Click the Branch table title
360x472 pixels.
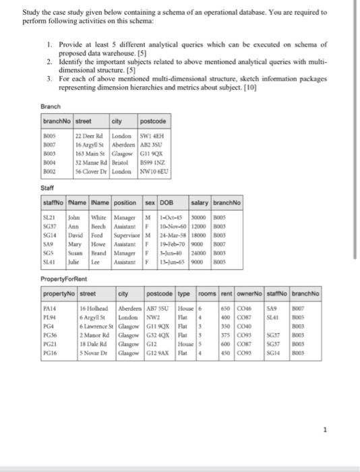[x=51, y=107]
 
